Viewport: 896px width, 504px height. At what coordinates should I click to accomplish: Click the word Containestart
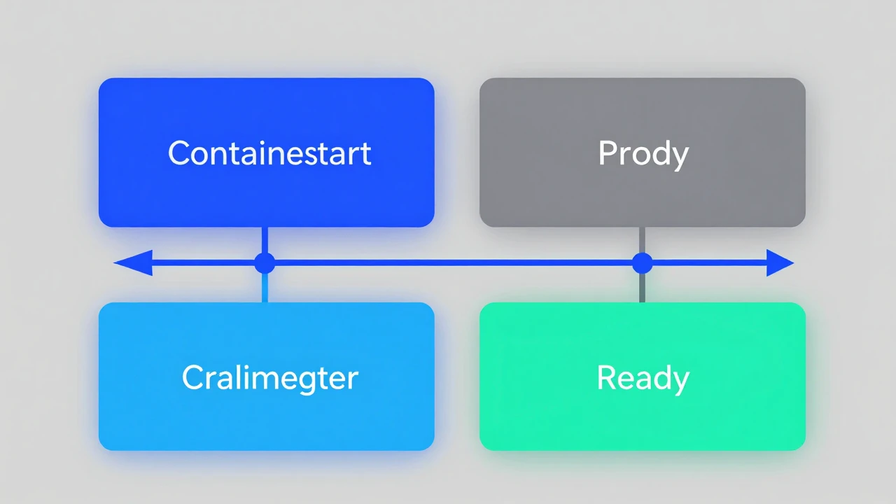coord(269,153)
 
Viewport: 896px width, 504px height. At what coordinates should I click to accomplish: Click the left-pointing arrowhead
coord(133,262)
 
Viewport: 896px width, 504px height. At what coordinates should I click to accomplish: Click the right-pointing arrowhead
coord(780,262)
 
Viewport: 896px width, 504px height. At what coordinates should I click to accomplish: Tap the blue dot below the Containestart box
coord(265,263)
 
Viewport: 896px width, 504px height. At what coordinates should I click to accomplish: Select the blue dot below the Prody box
coord(643,263)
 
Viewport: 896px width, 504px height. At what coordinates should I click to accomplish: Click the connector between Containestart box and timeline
coord(265,240)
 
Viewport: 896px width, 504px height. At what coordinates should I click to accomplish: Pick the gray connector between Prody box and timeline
coord(642,240)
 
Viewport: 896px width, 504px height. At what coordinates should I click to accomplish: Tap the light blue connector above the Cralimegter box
coord(265,288)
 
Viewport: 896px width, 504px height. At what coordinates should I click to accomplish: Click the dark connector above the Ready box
coord(642,288)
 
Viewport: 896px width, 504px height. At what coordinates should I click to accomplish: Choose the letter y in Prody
coord(679,159)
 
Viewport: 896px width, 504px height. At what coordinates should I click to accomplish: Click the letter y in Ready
coord(680,384)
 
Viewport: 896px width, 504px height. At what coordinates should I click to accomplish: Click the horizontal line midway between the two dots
coord(454,262)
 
